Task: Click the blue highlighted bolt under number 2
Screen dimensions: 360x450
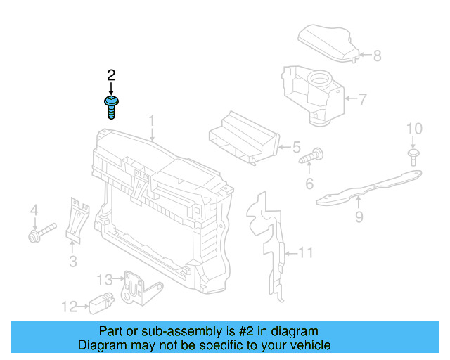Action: pos(111,108)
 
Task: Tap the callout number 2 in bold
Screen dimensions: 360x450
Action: pos(111,75)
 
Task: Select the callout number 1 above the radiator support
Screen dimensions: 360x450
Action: pos(151,123)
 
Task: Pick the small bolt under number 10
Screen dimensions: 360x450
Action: pos(413,157)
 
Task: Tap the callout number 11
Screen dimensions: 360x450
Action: pos(305,252)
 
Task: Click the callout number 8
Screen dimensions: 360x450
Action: pos(377,56)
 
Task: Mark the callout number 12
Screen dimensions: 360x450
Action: pos(69,306)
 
